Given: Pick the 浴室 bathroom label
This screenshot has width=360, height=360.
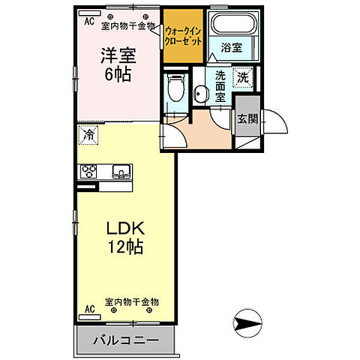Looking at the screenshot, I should pos(232,48).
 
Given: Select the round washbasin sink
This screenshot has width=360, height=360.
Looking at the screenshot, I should pos(201,93).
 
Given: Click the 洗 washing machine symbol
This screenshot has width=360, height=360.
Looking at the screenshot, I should pos(244,76).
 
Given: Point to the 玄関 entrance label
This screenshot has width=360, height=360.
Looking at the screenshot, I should pos(247,118).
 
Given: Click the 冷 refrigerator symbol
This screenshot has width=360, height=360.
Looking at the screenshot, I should pos(89,135).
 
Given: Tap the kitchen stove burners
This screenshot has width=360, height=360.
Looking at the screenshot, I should pos(90,170).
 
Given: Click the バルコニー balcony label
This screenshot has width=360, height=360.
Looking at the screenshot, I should pos(126,340).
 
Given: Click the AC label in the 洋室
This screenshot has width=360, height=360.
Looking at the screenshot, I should pos(88,22).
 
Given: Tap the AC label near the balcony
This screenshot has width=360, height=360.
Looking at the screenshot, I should pos(89,308).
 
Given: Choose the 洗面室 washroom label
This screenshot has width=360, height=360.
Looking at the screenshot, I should pos(221,86).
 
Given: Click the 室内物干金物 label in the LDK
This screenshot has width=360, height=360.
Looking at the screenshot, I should pos(131,301).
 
